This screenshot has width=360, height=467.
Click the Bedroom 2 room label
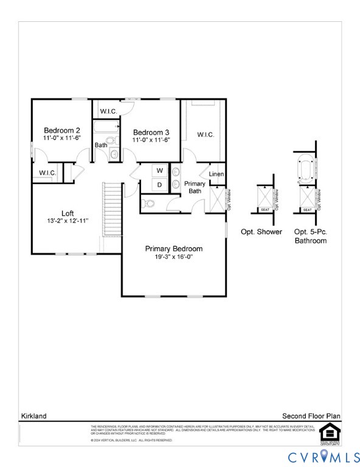[x=61, y=131]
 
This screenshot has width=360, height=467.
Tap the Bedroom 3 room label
[x=151, y=133]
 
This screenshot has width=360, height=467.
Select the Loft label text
[x=67, y=213]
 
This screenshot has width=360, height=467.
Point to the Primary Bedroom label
[x=173, y=249]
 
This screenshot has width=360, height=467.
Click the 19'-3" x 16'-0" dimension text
[x=173, y=257]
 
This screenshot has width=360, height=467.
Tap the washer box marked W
[x=159, y=171]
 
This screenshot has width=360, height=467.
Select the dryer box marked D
[x=159, y=184]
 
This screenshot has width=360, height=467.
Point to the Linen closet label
[x=216, y=175]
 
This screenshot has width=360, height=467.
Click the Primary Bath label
[x=195, y=187]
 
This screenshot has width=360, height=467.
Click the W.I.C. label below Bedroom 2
[x=47, y=173]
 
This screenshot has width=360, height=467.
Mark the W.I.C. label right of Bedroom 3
[x=205, y=135]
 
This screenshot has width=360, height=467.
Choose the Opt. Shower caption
[x=261, y=232]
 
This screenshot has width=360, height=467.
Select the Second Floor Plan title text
[x=311, y=416]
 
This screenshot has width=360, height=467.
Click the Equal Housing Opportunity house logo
[x=328, y=432]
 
